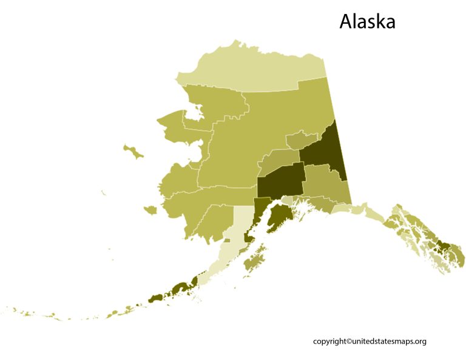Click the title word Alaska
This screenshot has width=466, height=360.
(367, 21)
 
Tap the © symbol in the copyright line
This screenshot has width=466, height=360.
(349, 342)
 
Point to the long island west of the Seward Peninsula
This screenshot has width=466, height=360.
(133, 151)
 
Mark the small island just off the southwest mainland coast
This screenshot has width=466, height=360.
(150, 210)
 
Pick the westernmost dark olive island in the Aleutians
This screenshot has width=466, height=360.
(155, 298)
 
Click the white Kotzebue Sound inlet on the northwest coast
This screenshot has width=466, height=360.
(193, 114)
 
